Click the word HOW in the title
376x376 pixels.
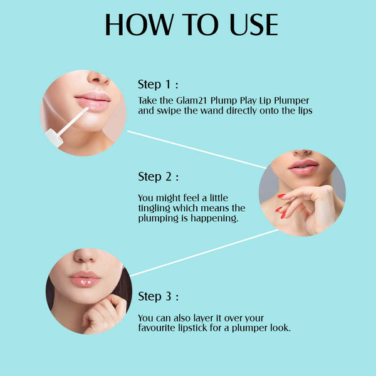(x=139, y=24)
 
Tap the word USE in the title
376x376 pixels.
(x=254, y=24)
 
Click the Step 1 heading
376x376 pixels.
(x=158, y=85)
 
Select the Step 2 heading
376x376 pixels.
(x=159, y=177)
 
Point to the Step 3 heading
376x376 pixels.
(x=159, y=296)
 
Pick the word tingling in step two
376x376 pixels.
(x=154, y=209)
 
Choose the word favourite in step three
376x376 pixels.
(x=157, y=328)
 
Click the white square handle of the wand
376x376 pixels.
(x=55, y=138)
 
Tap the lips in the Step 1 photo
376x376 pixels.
(x=93, y=101)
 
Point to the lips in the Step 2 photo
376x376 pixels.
(x=303, y=167)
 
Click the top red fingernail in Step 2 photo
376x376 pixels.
(x=281, y=196)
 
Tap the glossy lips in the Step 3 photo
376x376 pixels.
(x=85, y=279)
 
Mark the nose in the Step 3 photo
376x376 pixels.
(x=85, y=256)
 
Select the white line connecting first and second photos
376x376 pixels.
(x=197, y=149)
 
